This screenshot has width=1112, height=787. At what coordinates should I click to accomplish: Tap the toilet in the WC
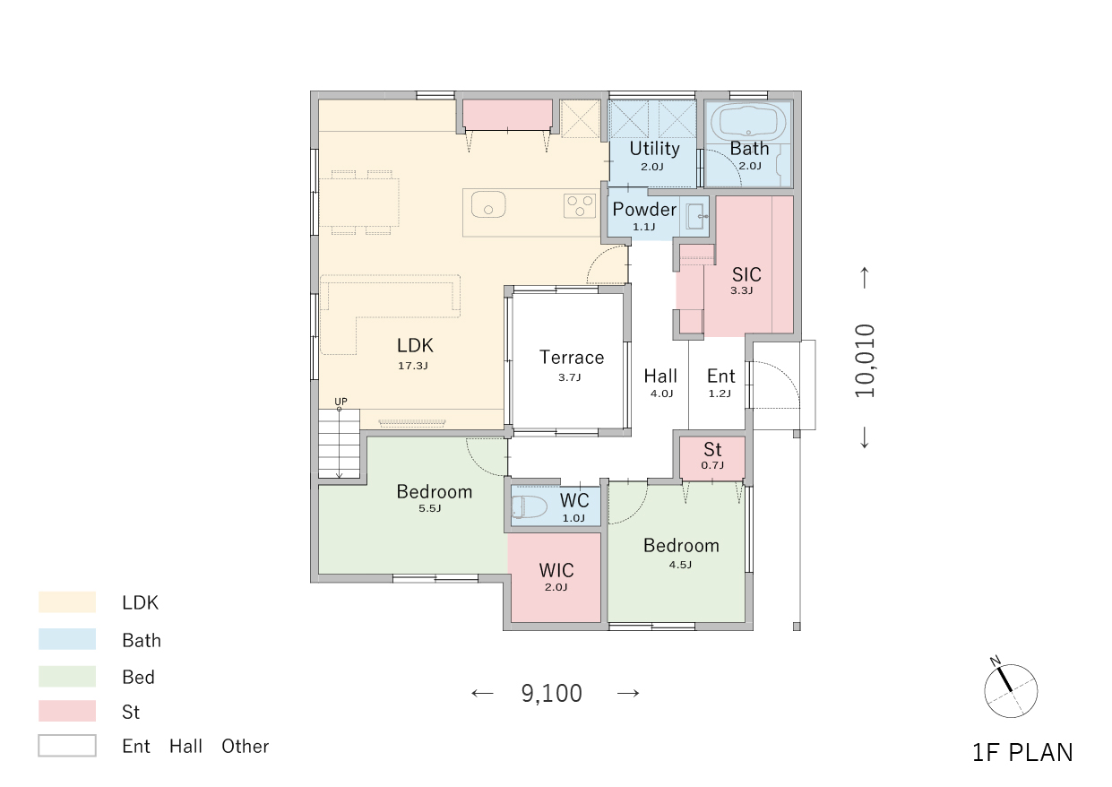[530, 507]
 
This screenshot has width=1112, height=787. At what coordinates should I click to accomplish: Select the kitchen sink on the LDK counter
[488, 204]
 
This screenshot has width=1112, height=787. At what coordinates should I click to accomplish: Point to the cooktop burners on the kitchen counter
[580, 206]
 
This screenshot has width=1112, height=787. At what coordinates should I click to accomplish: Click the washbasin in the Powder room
[696, 217]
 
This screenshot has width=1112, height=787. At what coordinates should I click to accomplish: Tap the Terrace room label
[572, 358]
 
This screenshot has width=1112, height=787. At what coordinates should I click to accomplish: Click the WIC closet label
[556, 570]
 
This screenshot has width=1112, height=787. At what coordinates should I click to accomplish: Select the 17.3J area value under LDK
[412, 366]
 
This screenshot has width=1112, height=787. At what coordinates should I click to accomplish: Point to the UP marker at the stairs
[340, 402]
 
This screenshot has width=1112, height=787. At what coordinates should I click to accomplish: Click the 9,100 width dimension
[552, 693]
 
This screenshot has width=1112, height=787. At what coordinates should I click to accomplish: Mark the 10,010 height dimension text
[865, 360]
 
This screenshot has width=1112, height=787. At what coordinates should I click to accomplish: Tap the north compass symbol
[1010, 690]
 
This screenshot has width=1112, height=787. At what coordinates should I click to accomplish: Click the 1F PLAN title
[1022, 753]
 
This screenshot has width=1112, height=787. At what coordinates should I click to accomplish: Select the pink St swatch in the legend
[67, 711]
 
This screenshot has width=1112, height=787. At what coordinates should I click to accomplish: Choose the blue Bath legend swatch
[67, 639]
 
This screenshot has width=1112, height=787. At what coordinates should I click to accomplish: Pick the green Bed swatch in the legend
[67, 676]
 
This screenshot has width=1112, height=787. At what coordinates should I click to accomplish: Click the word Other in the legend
[246, 747]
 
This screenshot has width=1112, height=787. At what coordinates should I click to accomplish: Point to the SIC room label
[746, 274]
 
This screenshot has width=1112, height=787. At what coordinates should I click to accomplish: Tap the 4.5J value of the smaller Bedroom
[680, 565]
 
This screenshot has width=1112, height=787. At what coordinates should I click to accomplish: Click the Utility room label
[655, 149]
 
